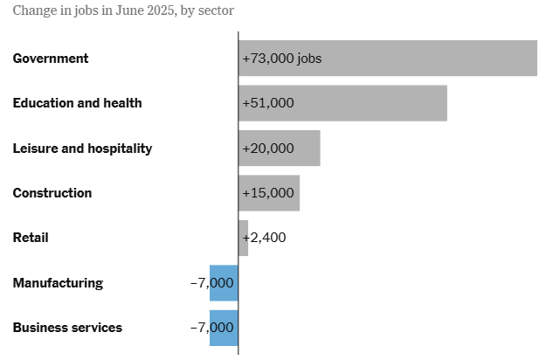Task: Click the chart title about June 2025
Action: pos(122,11)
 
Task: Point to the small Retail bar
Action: pos(243,238)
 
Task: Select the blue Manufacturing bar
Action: pos(224,283)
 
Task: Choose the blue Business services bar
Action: pos(224,328)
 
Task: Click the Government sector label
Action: pos(51,59)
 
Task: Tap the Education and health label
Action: pos(77,103)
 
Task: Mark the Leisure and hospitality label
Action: pos(82,149)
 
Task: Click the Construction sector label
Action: pos(52,193)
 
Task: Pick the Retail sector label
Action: pos(30,238)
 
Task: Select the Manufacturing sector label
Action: pos(58,283)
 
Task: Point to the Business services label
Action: pos(67,328)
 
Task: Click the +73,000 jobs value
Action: pos(282,59)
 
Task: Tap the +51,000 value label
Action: pos(268,103)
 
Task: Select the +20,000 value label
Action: pos(268,149)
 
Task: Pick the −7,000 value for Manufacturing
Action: pos(211,283)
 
